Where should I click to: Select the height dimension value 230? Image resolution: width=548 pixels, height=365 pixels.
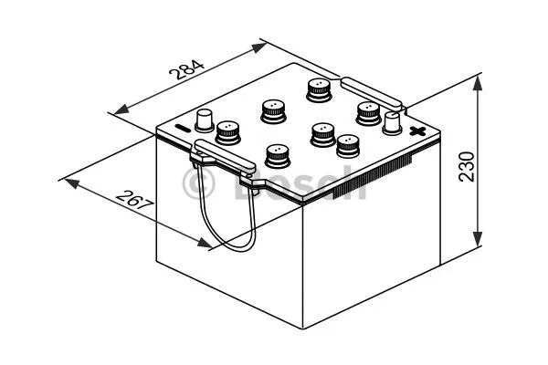468,167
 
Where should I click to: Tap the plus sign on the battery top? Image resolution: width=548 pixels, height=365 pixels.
417,132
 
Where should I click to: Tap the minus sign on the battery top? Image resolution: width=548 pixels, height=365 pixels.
181,128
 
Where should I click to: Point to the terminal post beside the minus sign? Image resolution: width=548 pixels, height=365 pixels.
205,118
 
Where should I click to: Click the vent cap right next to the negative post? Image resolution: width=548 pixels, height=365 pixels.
227,133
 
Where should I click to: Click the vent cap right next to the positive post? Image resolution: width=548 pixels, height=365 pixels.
368,111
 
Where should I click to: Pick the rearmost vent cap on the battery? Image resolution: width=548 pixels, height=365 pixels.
317,89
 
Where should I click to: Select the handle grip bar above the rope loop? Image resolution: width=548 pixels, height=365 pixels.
224,156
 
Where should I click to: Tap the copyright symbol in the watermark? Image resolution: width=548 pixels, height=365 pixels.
198,185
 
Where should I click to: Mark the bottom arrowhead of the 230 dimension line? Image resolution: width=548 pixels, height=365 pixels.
477,243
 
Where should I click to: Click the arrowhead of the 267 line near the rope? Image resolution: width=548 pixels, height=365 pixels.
205,243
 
